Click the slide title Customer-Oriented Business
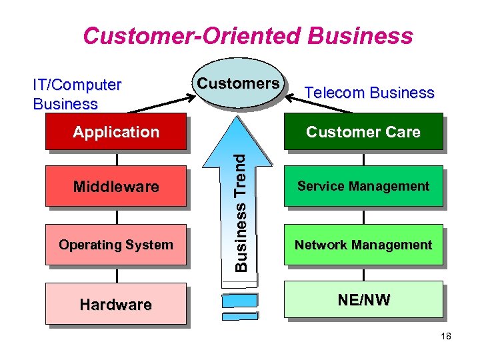click(x=247, y=35)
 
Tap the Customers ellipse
click(x=237, y=85)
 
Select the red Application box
click(x=116, y=132)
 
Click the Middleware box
click(x=116, y=186)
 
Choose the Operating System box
click(x=116, y=245)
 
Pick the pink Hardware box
click(x=116, y=304)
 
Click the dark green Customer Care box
click(x=363, y=132)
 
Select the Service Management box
click(x=363, y=186)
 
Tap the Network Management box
click(x=363, y=245)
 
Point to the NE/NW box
click(x=363, y=299)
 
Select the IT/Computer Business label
click(x=77, y=94)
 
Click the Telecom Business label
click(x=369, y=93)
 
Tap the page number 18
click(x=446, y=337)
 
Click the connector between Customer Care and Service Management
click(x=364, y=159)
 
